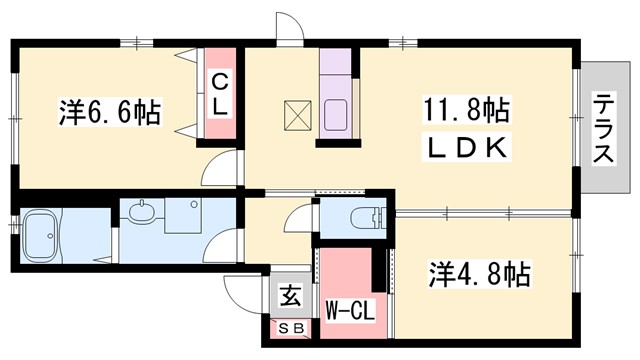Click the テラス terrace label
(604, 129)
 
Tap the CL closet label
(220, 94)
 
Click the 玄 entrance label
(290, 296)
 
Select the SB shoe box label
(290, 328)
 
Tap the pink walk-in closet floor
(345, 275)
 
